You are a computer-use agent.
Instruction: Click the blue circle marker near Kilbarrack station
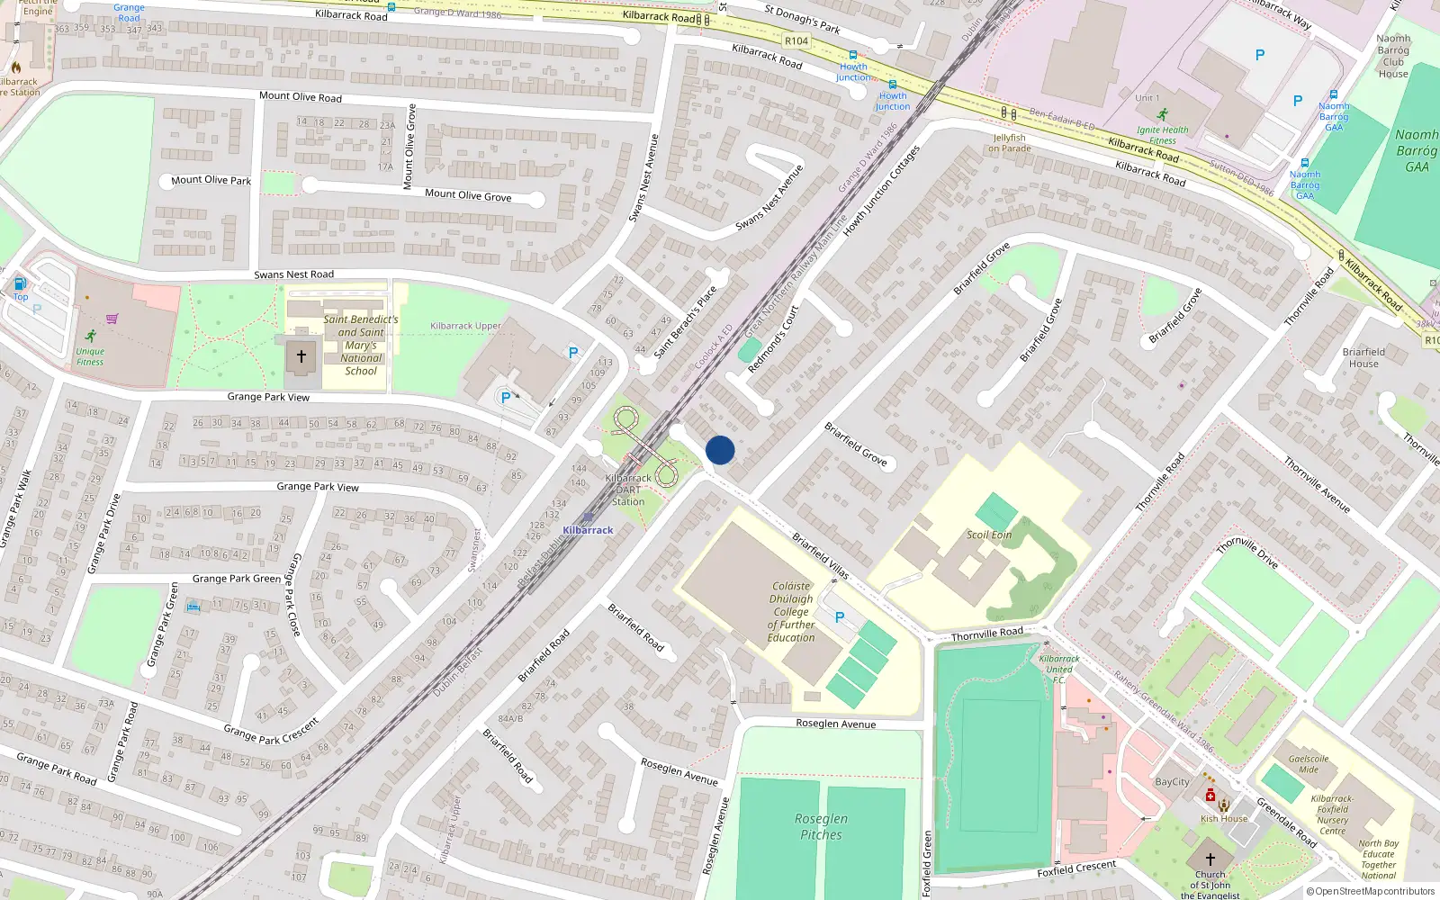click(720, 450)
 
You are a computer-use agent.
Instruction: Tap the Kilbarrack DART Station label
click(628, 490)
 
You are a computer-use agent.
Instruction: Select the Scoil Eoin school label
click(989, 535)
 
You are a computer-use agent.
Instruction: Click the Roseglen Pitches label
click(822, 826)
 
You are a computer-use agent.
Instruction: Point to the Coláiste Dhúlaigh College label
click(791, 612)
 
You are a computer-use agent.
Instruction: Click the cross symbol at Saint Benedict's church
click(301, 356)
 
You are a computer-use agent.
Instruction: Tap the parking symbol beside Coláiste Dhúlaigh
click(840, 617)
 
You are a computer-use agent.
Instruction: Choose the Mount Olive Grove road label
click(468, 194)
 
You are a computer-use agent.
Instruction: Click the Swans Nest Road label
click(293, 274)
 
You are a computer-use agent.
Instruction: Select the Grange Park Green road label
click(236, 579)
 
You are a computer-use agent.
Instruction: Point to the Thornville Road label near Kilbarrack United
click(986, 634)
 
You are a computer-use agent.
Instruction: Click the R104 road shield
click(796, 40)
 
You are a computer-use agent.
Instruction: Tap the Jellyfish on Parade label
click(1010, 143)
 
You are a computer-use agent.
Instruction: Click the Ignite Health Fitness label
click(1162, 135)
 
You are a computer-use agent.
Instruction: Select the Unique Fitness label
click(90, 356)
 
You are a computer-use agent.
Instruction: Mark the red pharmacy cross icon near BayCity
click(1210, 796)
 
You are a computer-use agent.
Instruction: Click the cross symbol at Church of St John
click(1210, 859)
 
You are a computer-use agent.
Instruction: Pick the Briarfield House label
click(1363, 357)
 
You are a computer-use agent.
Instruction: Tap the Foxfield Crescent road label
click(1076, 868)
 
